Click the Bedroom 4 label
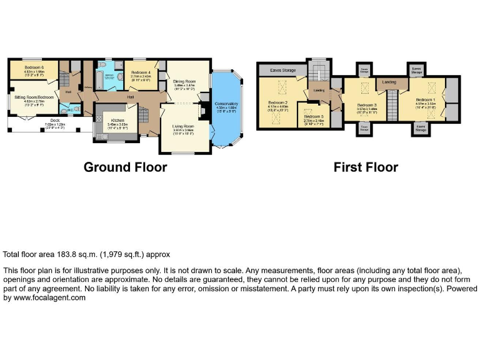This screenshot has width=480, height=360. click(141, 72)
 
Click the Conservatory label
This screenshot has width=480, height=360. click(226, 104)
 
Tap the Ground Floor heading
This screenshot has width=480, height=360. click(125, 167)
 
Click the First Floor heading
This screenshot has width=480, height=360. click(366, 167)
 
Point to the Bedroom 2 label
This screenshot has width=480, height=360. click(277, 102)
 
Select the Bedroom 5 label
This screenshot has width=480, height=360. click(314, 117)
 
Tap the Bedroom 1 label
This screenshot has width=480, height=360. click(425, 99)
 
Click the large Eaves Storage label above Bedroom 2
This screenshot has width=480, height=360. click(283, 71)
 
